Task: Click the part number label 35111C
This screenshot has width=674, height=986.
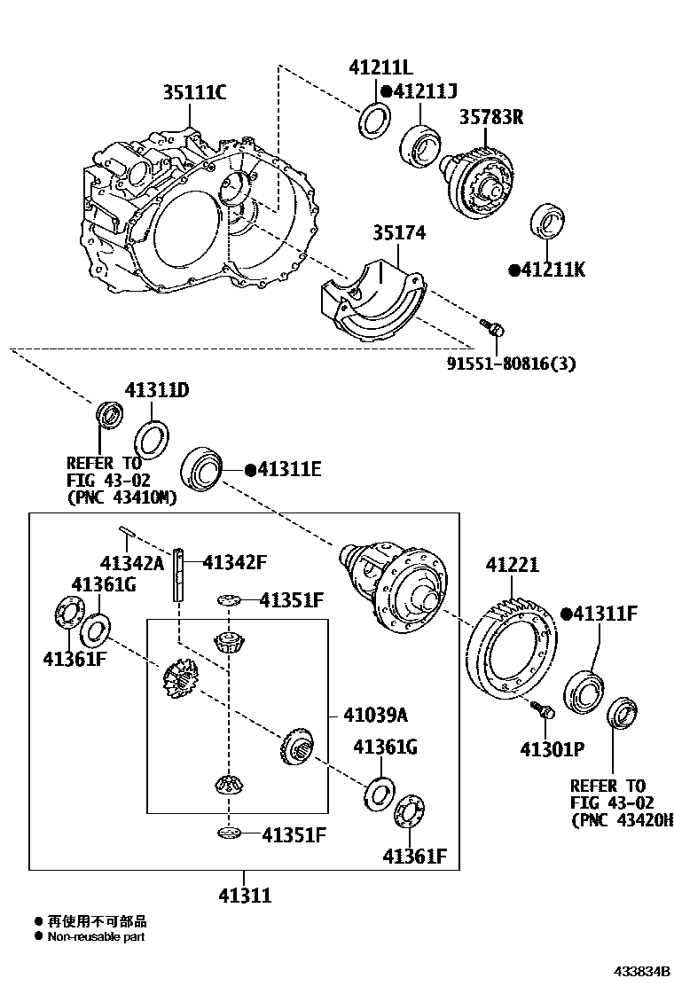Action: point(194,92)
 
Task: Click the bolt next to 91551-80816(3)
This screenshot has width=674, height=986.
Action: point(496,329)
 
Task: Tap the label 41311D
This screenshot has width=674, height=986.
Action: point(157,390)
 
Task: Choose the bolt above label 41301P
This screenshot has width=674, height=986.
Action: point(543,710)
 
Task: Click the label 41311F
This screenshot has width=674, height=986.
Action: point(611,613)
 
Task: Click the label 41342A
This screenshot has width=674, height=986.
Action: point(133,562)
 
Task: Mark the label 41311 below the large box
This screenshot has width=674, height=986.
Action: point(245,896)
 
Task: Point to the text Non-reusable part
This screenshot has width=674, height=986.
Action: point(97,936)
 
